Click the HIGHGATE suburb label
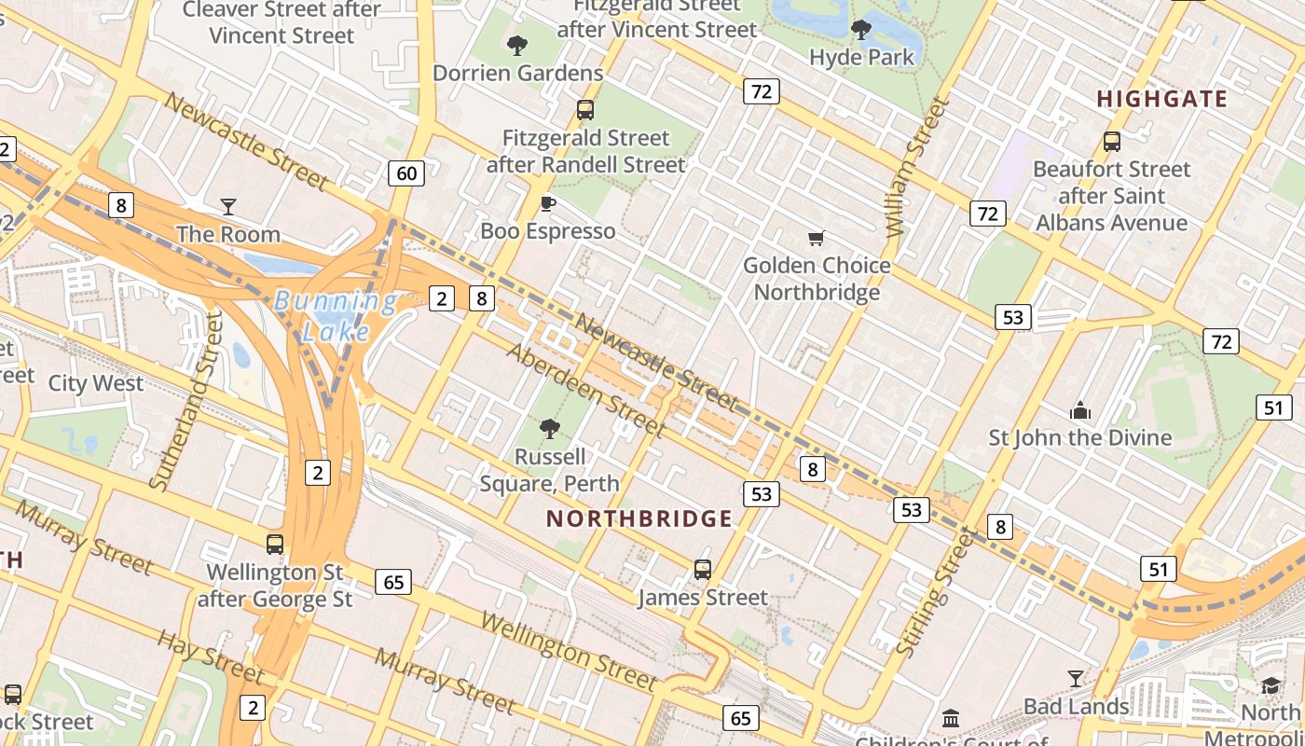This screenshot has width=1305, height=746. coord(1161,99)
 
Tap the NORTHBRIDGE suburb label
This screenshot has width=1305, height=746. coord(639,519)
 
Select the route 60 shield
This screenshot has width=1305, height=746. coord(406,173)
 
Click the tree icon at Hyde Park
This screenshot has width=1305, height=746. coord(861,30)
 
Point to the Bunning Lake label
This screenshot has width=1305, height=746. coord(336,315)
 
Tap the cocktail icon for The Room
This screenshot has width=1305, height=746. coord(228,206)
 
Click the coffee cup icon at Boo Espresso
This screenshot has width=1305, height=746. coord(548,203)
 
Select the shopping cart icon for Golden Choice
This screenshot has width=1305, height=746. coord(817,239)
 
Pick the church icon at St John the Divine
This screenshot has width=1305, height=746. coord(1080,410)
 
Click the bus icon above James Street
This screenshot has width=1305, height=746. coord(703,569)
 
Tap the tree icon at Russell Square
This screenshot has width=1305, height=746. coord(550,429)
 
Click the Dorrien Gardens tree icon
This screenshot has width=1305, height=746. coord(517,45)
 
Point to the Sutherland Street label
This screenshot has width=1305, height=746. coord(187,401)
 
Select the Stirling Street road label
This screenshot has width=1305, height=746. coord(935,591)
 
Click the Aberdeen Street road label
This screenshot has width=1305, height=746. coord(587,391)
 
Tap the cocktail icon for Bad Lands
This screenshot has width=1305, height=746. coord(1076,678)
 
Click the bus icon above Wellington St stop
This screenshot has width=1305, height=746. coord(274,544)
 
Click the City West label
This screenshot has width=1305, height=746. coord(96,383)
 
